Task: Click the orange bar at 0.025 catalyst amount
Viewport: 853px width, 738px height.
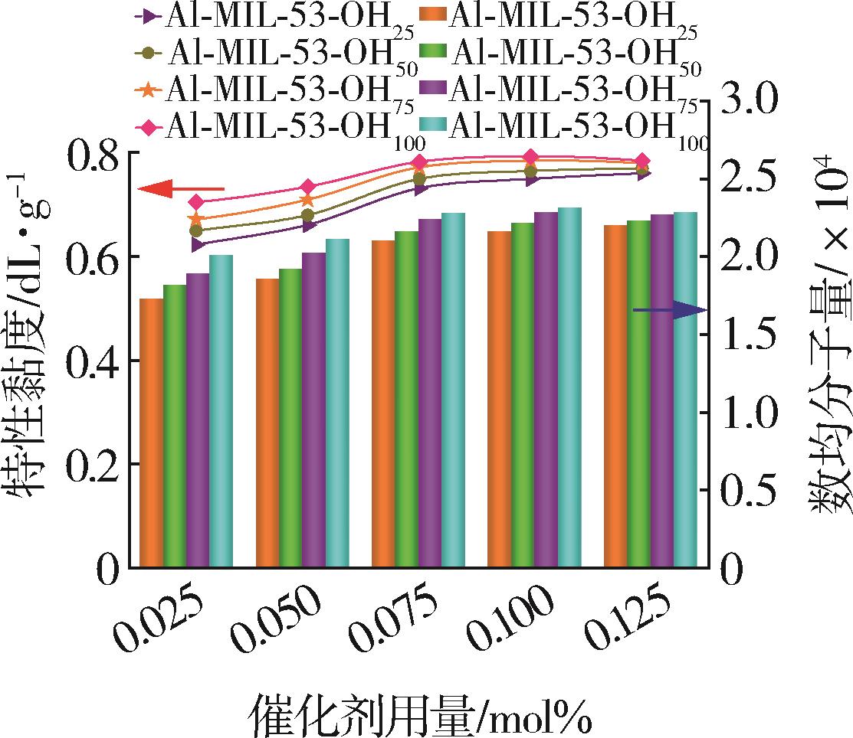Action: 151,433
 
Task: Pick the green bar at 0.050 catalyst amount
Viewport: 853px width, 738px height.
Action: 290,417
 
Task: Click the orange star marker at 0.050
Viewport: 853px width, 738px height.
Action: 307,200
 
